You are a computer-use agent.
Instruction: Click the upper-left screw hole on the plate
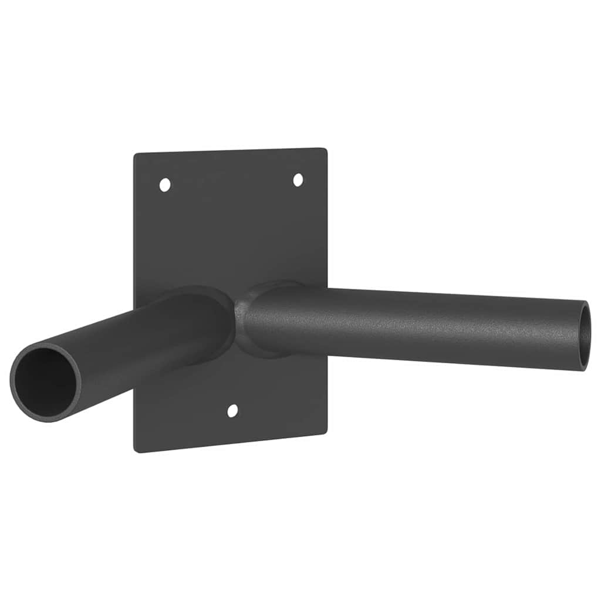click(x=165, y=185)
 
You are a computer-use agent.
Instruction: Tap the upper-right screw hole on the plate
click(x=298, y=180)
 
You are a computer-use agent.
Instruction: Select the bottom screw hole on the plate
click(x=232, y=411)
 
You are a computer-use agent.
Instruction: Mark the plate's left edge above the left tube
click(x=134, y=235)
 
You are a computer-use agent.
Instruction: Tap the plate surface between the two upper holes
click(x=231, y=183)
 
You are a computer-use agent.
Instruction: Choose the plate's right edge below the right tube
click(x=326, y=399)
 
